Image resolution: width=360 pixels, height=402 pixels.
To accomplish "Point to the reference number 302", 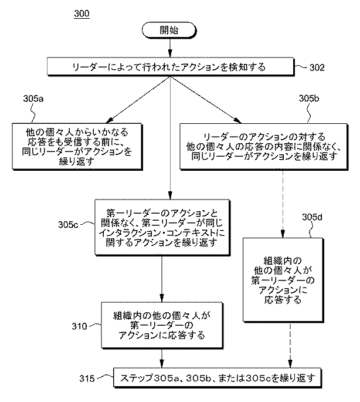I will [x=317, y=67].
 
